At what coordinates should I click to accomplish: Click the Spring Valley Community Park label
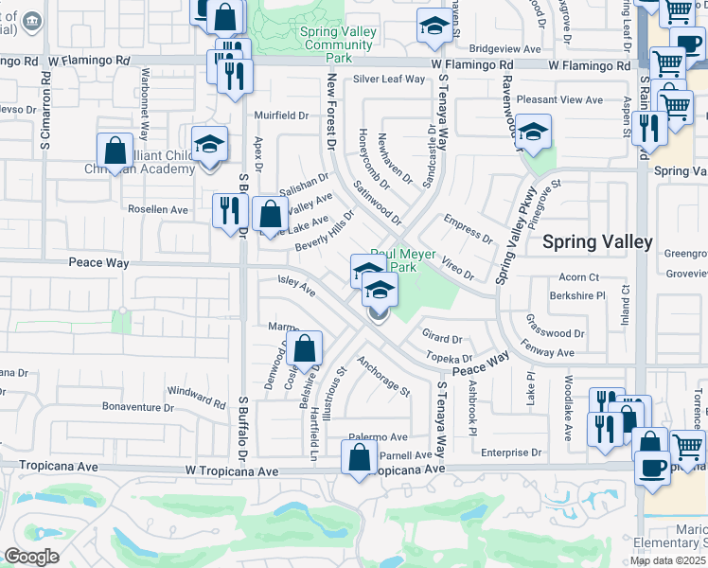coord(338,44)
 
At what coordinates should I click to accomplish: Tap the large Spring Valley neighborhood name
coord(596,241)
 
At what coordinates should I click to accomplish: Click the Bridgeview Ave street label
coord(504,48)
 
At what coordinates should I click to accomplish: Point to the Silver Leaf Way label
coord(389,80)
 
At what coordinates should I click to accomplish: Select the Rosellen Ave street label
coord(159,209)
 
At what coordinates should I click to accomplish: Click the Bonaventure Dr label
coord(138,408)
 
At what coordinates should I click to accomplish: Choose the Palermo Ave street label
coord(377,437)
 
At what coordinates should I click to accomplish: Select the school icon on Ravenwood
coord(534,134)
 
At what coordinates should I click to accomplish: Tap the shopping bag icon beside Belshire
coord(306,347)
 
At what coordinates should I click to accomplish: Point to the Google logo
coord(32,557)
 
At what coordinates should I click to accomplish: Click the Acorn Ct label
coord(579,277)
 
